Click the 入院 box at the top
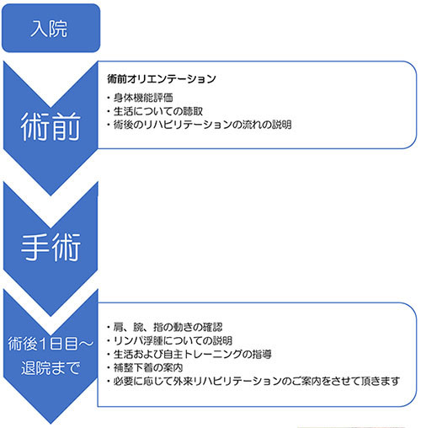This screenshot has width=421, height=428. pos(51,28)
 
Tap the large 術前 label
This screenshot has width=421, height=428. pos(51,126)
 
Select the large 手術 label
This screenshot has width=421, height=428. pos(51,247)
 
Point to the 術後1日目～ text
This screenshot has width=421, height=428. pos(51,344)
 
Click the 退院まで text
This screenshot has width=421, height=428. pos(51,367)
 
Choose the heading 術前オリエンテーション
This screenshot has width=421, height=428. pos(162,79)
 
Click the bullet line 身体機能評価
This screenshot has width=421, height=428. pos(140,98)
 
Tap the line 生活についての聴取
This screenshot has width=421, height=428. pos(155,111)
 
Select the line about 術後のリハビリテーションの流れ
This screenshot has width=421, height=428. pos(200,125)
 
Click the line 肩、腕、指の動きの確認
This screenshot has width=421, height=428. pos(165,327)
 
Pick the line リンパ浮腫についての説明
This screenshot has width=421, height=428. pos(169,340)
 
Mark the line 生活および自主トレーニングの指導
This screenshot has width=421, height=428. pos(189,354)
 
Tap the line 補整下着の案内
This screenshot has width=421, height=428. pos(145,367)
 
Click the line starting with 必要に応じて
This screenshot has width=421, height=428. pos(253,381)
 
